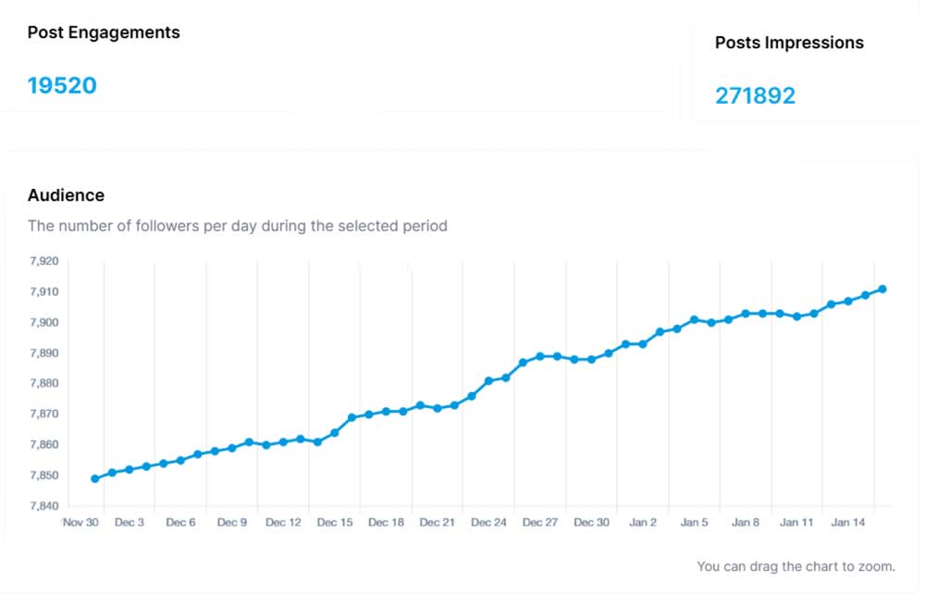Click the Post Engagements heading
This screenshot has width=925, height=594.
104,32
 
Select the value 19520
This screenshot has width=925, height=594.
62,86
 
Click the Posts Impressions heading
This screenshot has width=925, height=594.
789,43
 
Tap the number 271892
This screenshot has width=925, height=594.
755,95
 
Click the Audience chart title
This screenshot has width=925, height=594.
66,195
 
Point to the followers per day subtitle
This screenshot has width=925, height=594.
238,226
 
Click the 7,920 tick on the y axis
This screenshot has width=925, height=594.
43,262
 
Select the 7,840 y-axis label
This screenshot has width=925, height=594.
43,506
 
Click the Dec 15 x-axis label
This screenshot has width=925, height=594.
335,523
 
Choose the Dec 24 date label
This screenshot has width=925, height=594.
488,523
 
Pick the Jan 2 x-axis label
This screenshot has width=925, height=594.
643,523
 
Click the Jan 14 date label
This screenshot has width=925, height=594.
848,523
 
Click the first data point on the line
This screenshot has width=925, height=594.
95,478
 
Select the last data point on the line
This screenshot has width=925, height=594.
882,290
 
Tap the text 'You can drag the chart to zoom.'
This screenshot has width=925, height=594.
795,566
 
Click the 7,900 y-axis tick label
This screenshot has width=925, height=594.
43,323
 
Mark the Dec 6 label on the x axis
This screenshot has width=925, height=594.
180,523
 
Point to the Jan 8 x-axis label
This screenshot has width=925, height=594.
746,523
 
